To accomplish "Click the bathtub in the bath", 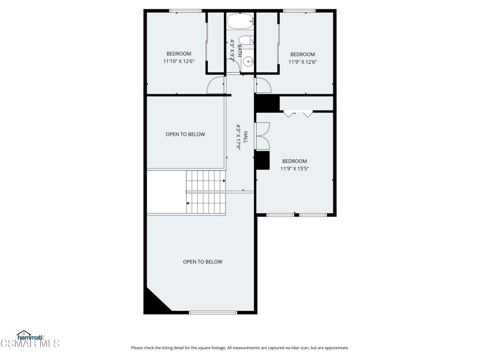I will pyautogui.click(x=240, y=21).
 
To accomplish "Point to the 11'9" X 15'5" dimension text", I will pyautogui.click(x=294, y=169).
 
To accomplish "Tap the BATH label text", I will pyautogui.click(x=239, y=52).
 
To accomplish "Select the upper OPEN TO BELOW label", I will pyautogui.click(x=185, y=135).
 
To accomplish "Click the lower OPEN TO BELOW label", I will pyautogui.click(x=202, y=262).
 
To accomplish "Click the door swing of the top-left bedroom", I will pyautogui.click(x=216, y=85).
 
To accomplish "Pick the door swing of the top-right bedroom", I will pyautogui.click(x=263, y=85).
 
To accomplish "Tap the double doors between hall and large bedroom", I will pyautogui.click(x=262, y=136).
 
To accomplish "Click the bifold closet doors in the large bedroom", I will pyautogui.click(x=298, y=114).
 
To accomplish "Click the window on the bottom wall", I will pyautogui.click(x=213, y=312).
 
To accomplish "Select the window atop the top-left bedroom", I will pyautogui.click(x=185, y=10).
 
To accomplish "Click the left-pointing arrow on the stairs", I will pyautogui.click(x=188, y=203).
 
